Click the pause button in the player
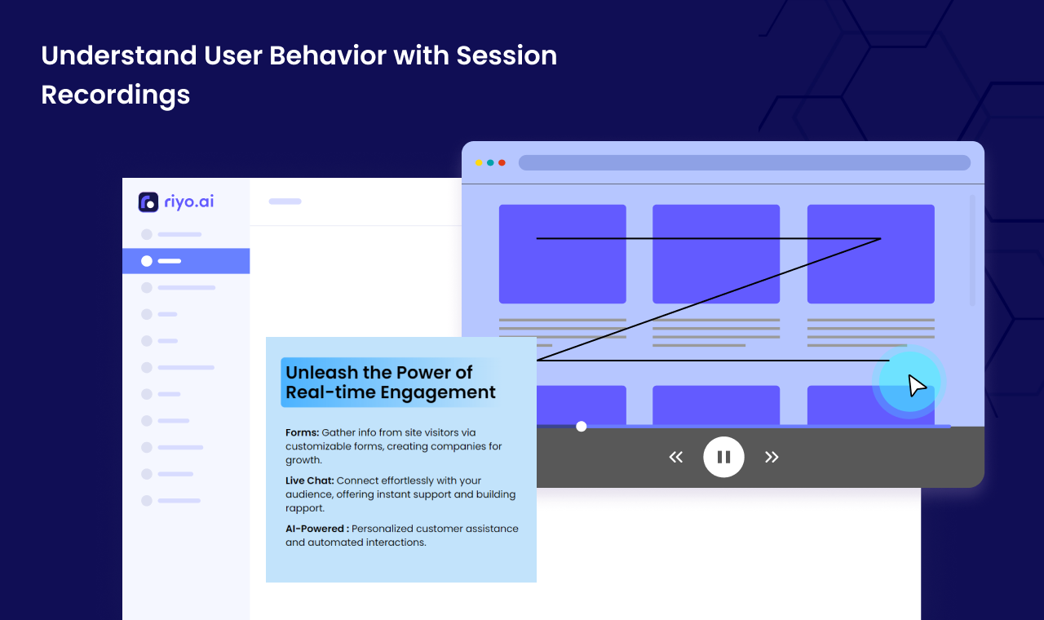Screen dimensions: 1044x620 coord(723,457)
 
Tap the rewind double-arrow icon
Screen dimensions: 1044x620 coord(676,457)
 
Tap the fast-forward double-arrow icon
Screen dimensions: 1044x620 coord(772,457)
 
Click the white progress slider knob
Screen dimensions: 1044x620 coord(581,426)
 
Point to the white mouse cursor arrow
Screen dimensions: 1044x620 coord(917,386)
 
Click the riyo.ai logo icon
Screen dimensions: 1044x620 coord(148,201)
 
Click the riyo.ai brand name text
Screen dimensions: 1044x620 coord(188,201)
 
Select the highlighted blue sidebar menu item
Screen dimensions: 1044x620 coord(186,261)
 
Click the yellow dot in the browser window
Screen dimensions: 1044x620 coord(479,162)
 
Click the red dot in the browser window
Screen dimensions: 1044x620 coord(502,162)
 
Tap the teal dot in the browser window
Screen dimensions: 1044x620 coord(490,162)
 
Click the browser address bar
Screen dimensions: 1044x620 coord(745,162)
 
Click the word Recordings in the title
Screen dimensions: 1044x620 coord(116,95)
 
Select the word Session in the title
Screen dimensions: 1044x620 coord(507,55)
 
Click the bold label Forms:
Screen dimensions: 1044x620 coord(302,432)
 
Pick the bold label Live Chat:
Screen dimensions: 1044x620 coord(309,480)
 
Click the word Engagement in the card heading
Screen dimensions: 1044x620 coord(438,392)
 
